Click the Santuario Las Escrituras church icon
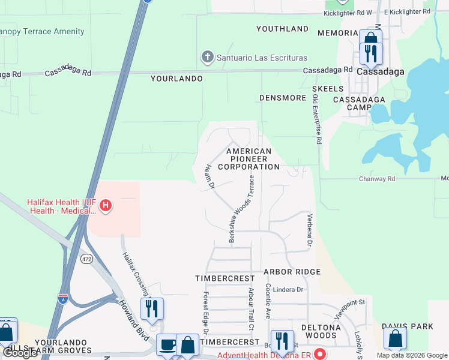206,58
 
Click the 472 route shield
87,258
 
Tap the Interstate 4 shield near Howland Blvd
63,298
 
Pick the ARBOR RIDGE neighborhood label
292,272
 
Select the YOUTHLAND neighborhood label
282,29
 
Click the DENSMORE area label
283,97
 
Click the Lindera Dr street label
289,289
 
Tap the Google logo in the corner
20,353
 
